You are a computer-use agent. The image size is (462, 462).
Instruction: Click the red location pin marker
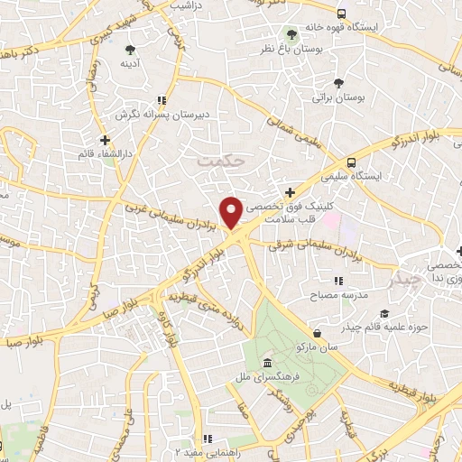pyautogui.click(x=232, y=212)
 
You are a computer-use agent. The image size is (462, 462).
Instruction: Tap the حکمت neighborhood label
pyautogui.click(x=221, y=160)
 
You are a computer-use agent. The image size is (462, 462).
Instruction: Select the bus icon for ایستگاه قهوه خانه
pyautogui.click(x=341, y=14)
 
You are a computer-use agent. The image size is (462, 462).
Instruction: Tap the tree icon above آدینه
pyautogui.click(x=131, y=49)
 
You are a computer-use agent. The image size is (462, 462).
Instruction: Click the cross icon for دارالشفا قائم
pyautogui.click(x=106, y=139)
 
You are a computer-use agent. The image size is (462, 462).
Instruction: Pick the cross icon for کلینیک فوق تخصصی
pyautogui.click(x=289, y=191)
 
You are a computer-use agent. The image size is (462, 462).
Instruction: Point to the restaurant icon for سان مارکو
pyautogui.click(x=299, y=346)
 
